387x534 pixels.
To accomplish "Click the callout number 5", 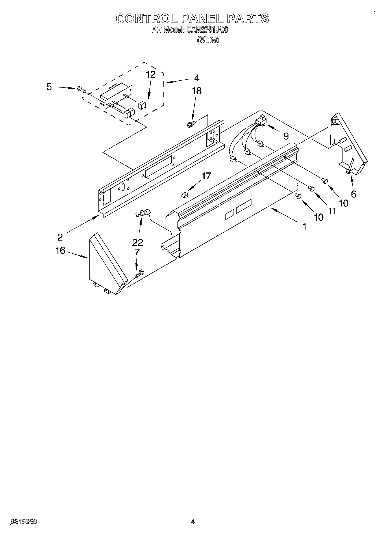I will point(49,87).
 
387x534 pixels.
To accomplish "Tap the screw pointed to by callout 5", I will point(81,90).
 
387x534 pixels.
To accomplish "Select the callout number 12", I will point(151,75).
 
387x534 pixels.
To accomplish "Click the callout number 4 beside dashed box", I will point(197,78).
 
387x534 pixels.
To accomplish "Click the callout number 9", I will point(286,136).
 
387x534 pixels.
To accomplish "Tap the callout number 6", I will point(353,194).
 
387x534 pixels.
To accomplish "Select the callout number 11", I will point(332,211).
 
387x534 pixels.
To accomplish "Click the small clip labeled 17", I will point(184,196).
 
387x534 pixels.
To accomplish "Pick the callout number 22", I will point(137,242).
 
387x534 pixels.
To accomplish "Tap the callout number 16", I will point(60,250).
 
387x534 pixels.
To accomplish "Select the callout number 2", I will point(60,237).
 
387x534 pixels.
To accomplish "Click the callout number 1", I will point(304,227).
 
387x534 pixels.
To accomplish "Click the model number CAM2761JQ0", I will point(205,30).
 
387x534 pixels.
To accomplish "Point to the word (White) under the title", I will point(208,40).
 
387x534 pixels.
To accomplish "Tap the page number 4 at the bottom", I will point(193,522).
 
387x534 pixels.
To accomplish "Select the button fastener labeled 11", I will point(312,188).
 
